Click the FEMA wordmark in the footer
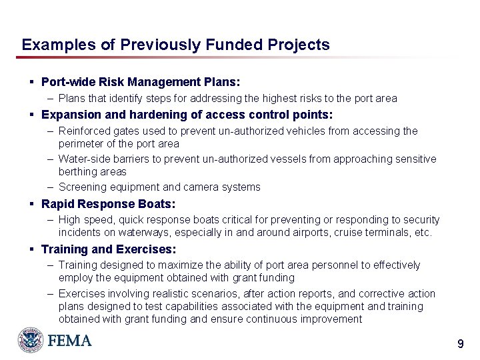pos(69,341)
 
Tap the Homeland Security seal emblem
pos(31,340)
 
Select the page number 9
pos(460,344)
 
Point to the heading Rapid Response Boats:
pos(108,204)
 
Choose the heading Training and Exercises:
pos(109,249)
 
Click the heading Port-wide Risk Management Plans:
pos(141,82)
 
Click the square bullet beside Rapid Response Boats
pos(32,204)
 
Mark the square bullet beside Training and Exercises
pos(32,249)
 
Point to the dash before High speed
pos(51,219)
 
